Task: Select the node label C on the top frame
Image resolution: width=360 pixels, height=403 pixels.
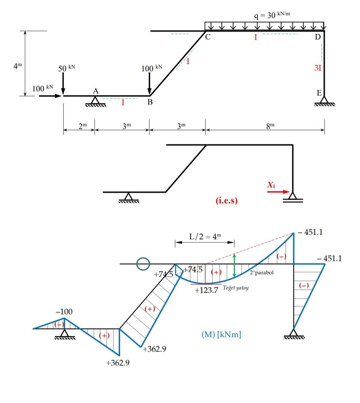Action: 207,37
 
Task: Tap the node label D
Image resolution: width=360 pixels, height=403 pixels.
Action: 317,37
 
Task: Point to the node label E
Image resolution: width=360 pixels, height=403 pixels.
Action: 319,93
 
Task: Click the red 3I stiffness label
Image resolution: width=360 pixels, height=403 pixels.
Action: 317,68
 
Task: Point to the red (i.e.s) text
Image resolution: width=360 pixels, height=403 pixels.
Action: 227,201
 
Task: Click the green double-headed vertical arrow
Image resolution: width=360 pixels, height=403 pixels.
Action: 234,265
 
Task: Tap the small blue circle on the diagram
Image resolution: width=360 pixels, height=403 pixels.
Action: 143,264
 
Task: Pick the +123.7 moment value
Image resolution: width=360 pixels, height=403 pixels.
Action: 206,290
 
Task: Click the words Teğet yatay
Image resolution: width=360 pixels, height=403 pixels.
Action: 236,288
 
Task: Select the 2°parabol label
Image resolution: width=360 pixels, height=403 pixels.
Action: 261,272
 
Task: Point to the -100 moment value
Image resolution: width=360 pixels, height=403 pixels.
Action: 64,311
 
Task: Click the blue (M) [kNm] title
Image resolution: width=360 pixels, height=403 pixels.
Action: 221,334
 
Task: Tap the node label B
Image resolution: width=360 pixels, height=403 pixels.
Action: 150,102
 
